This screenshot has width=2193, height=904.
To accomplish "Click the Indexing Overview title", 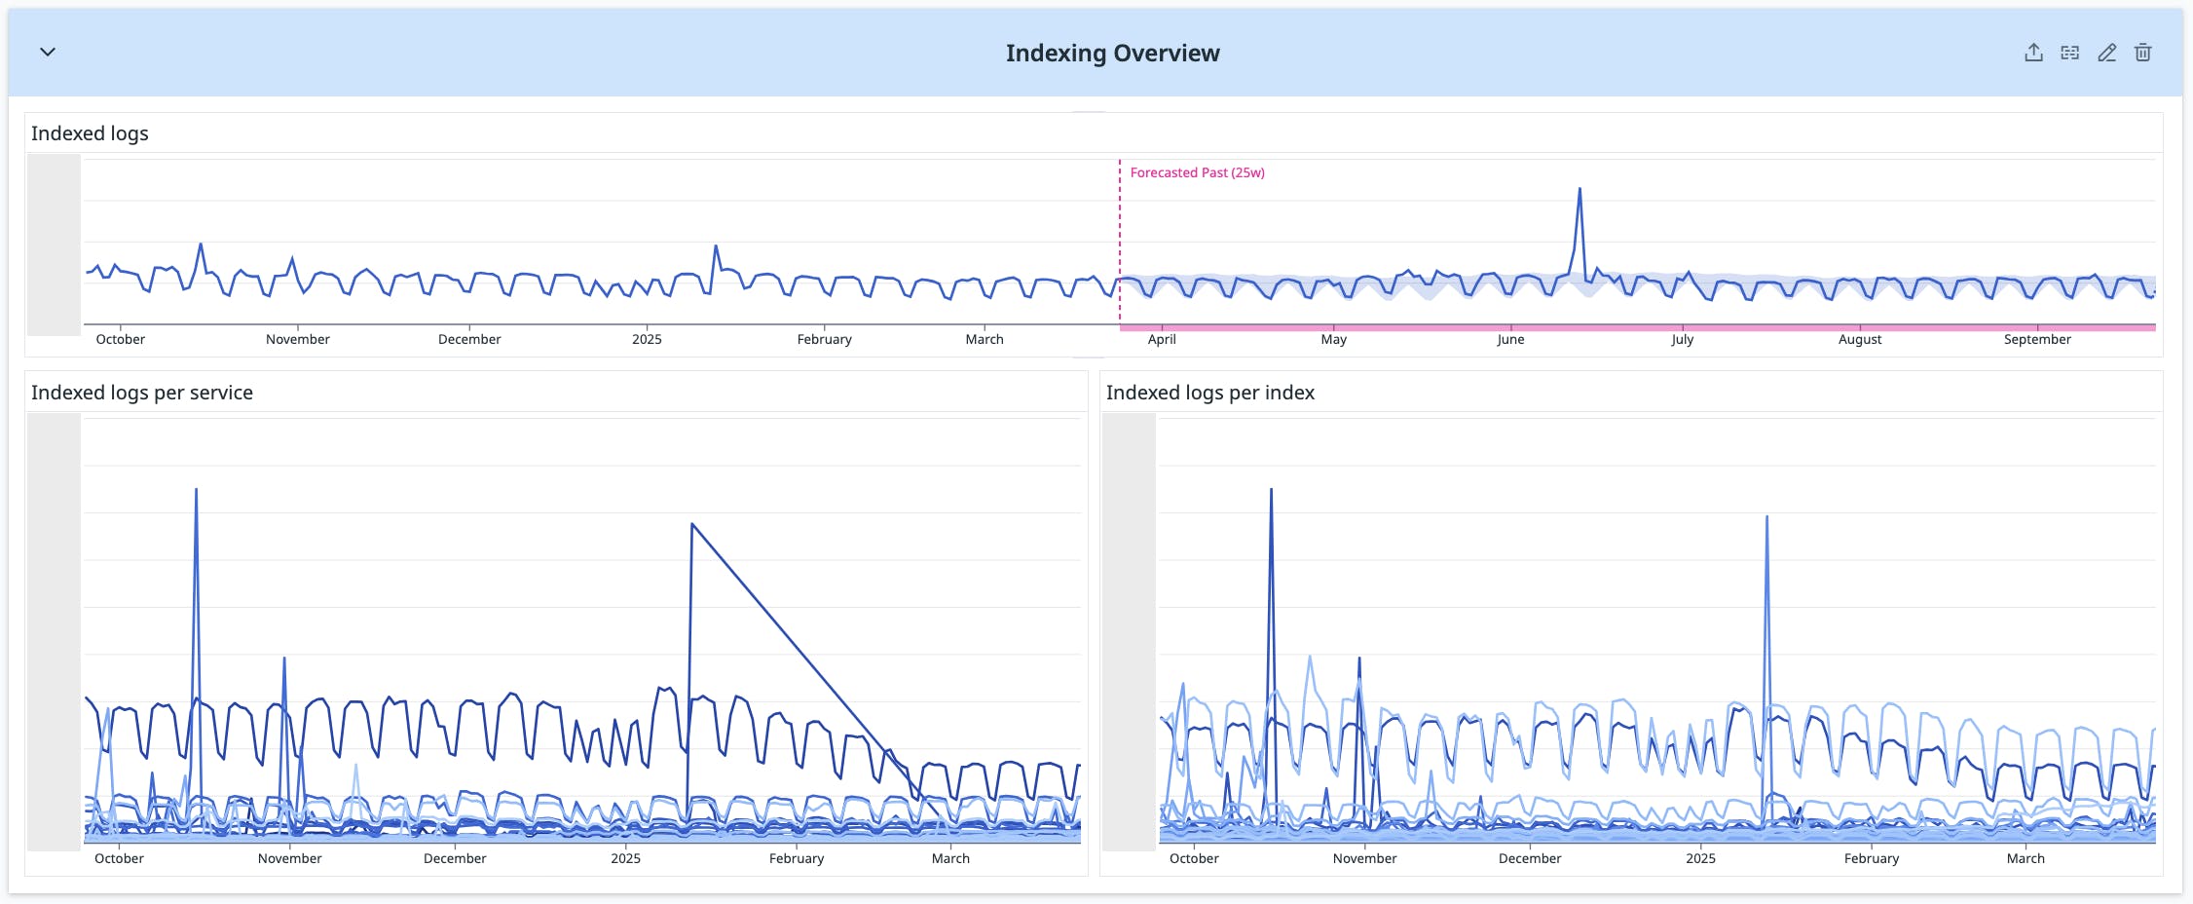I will pos(1112,54).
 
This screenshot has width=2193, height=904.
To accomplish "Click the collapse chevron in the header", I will pos(48,52).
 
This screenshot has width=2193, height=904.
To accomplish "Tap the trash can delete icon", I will pos(2142,53).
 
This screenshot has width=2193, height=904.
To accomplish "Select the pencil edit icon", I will pos(2106,53).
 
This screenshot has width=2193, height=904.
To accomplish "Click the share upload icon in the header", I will pos(2033,53).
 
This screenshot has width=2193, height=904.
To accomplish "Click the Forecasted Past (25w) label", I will pos(1197,172).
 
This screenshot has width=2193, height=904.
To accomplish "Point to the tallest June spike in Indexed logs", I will pos(1580,191).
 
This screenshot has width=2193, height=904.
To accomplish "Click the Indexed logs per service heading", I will pos(142,393).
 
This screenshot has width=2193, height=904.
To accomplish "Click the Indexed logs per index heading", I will pos(1209,393).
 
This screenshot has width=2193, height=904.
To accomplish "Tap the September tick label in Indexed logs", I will pos(2037,339).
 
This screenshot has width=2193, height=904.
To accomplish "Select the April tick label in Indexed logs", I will pos(1162,339).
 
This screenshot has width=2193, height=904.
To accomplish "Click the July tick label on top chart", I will pos(1682,339).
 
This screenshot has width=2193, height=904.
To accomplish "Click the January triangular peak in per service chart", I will pos(692,526).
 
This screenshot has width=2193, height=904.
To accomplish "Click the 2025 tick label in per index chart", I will pos(1700,858).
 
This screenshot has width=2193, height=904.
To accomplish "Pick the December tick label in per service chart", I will pos(455,858).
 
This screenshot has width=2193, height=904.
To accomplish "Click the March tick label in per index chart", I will pos(2026,858).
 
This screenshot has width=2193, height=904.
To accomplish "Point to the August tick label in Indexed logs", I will pos(1860,339).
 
